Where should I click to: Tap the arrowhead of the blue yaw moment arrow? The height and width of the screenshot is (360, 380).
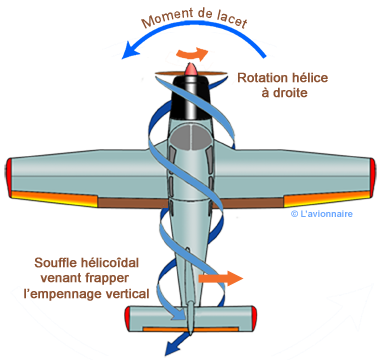point(130,52)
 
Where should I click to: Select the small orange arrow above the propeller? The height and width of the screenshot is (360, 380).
point(192,54)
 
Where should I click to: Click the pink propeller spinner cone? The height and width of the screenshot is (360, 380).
point(190,68)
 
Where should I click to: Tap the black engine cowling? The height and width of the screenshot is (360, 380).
point(190,97)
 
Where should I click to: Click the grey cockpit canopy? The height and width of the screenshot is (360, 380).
point(190,137)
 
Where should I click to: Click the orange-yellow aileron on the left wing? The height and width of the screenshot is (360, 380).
point(54,198)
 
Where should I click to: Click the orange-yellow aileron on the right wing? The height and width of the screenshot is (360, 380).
point(327,199)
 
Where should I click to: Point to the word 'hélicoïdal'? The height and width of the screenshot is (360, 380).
point(111,263)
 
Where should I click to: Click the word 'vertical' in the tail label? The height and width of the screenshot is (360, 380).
point(128,294)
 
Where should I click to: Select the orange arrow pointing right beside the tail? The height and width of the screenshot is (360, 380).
point(221,278)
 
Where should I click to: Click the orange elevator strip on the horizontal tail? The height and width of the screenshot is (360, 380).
point(190,329)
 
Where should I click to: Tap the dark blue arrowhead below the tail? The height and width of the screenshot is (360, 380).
point(173,348)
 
